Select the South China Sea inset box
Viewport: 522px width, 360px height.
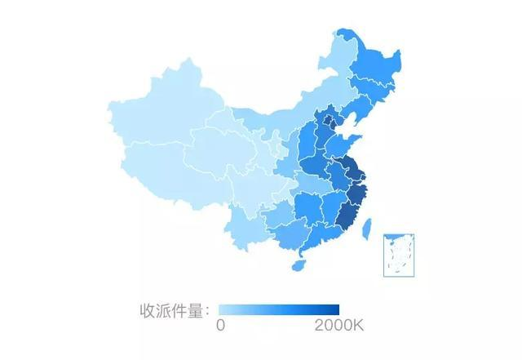[x=400, y=255]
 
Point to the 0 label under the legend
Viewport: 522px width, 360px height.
[x=220, y=326]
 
